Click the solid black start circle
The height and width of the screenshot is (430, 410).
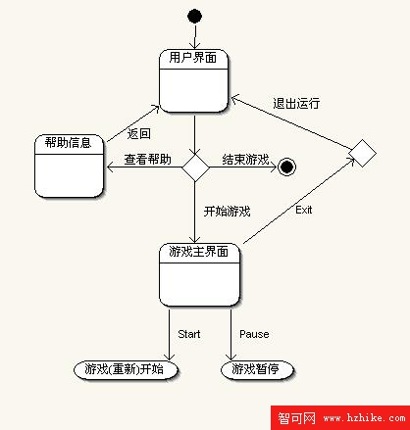tap(194, 16)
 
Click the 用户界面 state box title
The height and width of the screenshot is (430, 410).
tap(193, 58)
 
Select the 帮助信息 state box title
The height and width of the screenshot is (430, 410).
tap(68, 143)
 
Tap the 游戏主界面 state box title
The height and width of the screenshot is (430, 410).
tap(198, 252)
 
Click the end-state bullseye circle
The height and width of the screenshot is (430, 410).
tap(286, 167)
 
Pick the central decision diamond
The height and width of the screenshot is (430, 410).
tap(195, 167)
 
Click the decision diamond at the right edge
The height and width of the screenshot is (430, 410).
tap(362, 153)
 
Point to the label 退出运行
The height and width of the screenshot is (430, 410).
tap(296, 104)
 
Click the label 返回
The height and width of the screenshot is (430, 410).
tap(139, 134)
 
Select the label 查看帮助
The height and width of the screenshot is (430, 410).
tap(148, 160)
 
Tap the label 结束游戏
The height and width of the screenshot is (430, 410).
tap(245, 160)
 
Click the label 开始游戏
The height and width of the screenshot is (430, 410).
tap(227, 212)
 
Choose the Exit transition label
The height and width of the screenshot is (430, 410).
tap(303, 210)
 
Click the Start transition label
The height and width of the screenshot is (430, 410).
tap(189, 334)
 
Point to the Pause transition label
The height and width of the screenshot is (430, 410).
tap(254, 334)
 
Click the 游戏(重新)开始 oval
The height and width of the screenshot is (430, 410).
tap(126, 370)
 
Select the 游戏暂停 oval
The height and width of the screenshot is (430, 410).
tap(257, 370)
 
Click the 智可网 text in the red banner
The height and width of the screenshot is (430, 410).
tap(296, 418)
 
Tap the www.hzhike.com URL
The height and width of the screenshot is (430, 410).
tap(364, 418)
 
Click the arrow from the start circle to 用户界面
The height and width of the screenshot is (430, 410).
tap(195, 36)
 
